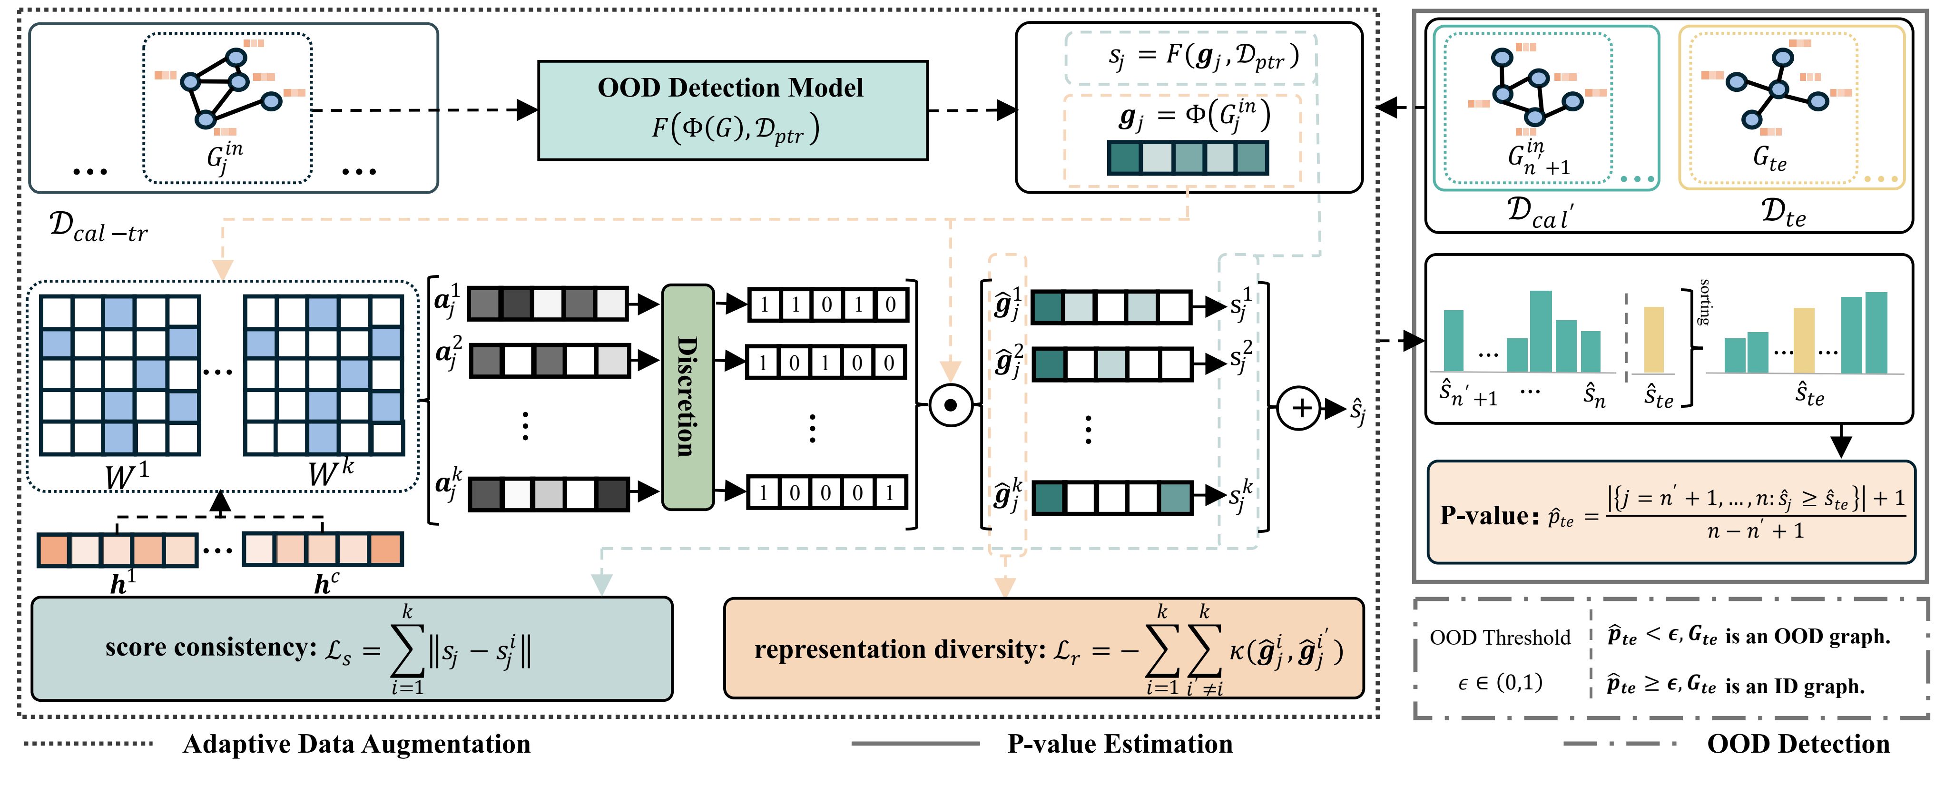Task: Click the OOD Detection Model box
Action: pos(732,110)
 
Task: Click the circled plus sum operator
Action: pos(1299,408)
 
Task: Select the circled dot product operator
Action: pos(951,405)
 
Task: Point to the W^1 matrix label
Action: pos(127,476)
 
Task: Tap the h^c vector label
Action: pos(327,583)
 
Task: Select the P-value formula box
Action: pos(1671,513)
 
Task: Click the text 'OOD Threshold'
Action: pos(1500,638)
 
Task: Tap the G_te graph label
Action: pos(1769,158)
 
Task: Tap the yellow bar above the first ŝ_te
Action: pos(1653,339)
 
